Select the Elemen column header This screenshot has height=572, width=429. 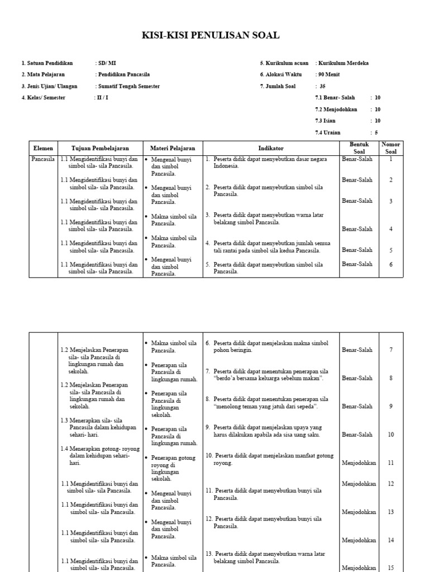coord(43,149)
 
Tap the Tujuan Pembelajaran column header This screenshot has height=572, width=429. coord(100,149)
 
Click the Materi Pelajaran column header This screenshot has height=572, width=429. coord(173,149)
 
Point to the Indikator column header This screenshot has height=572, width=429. coord(271,149)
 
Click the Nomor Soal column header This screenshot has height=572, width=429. coord(390,148)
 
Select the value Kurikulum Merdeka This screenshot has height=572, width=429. coord(344,63)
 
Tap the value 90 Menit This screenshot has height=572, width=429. coord(329,75)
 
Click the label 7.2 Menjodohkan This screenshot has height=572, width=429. coord(336,109)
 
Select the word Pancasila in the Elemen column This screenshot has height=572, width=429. coord(43,159)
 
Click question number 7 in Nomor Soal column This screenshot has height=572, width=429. coord(391,350)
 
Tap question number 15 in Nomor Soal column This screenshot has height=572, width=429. coord(391,568)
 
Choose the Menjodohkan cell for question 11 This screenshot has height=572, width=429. coord(359,463)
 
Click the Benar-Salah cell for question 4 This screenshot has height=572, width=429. coord(357,229)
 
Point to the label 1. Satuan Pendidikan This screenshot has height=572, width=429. coord(47,63)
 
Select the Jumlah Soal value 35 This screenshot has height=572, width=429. coord(322,87)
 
